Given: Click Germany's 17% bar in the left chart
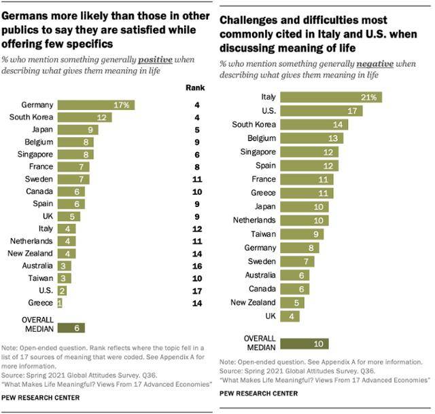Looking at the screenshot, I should [x=96, y=105].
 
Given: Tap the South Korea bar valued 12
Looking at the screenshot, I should [x=84, y=117].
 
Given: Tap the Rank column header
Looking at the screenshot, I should [x=195, y=88].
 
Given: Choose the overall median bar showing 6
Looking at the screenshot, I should [x=71, y=328].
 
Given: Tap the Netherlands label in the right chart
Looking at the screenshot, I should [x=253, y=220].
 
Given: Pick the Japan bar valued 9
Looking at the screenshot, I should [x=77, y=130].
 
